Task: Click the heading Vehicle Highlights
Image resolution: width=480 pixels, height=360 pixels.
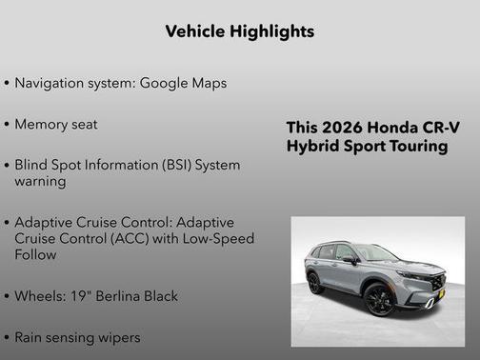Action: (239, 31)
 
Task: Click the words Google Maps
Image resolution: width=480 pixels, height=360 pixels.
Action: (183, 83)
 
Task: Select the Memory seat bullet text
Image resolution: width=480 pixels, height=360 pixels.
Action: (56, 124)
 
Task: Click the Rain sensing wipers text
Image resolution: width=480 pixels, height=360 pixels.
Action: (77, 337)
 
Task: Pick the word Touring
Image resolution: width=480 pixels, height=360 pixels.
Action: (415, 147)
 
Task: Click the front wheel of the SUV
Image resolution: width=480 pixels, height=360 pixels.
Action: (380, 299)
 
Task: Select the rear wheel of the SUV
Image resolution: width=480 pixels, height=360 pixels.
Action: (315, 283)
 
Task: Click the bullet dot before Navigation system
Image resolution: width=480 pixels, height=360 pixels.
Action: (8, 84)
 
